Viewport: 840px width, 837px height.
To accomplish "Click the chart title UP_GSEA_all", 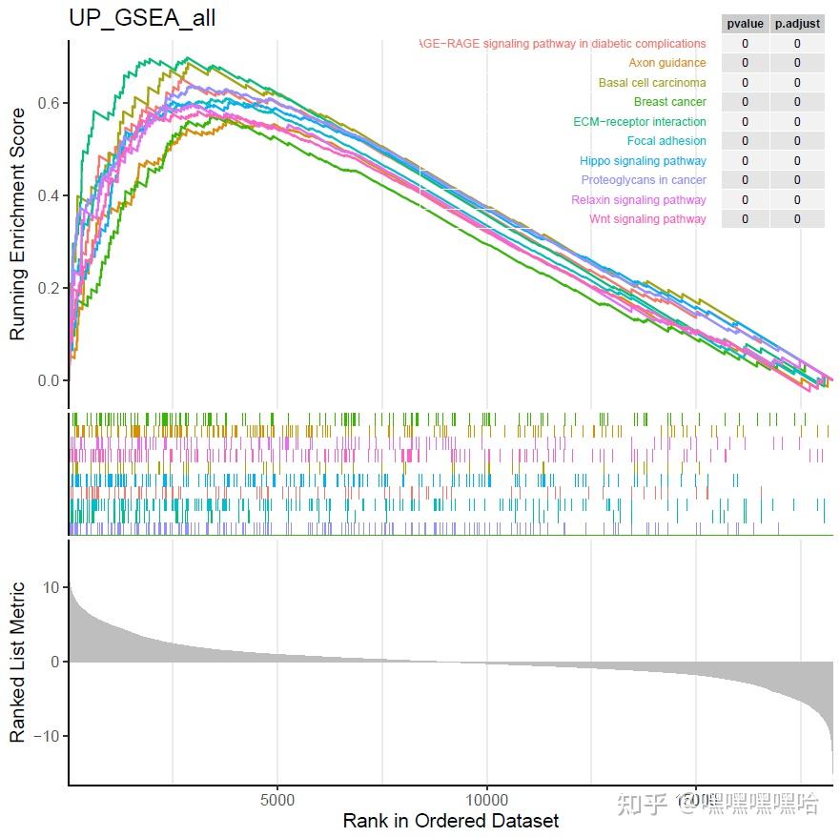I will (x=142, y=18).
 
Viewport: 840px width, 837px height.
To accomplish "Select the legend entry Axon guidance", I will (x=667, y=63).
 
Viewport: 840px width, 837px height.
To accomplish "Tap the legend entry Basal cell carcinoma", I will (x=652, y=83).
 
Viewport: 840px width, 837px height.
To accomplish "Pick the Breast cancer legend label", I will (x=669, y=102).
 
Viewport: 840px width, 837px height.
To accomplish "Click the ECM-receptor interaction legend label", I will (x=640, y=122).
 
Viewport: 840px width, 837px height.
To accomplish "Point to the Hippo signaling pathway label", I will (x=643, y=161).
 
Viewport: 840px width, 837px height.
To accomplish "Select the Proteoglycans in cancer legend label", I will (x=644, y=180).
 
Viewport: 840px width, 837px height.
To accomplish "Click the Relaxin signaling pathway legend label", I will (x=639, y=200).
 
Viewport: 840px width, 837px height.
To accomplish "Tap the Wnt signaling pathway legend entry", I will (x=647, y=219).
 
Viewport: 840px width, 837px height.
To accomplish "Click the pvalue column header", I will (x=745, y=24).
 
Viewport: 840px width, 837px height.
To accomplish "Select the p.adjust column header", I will (x=797, y=24).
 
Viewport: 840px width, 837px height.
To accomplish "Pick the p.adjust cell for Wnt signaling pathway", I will (x=797, y=219).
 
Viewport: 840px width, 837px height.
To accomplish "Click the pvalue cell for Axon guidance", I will (x=745, y=63).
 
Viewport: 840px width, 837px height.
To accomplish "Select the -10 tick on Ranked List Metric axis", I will (x=42, y=736).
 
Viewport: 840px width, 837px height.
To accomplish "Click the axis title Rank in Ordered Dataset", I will (x=450, y=821).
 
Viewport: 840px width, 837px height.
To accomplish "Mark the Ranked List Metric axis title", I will (x=17, y=663).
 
